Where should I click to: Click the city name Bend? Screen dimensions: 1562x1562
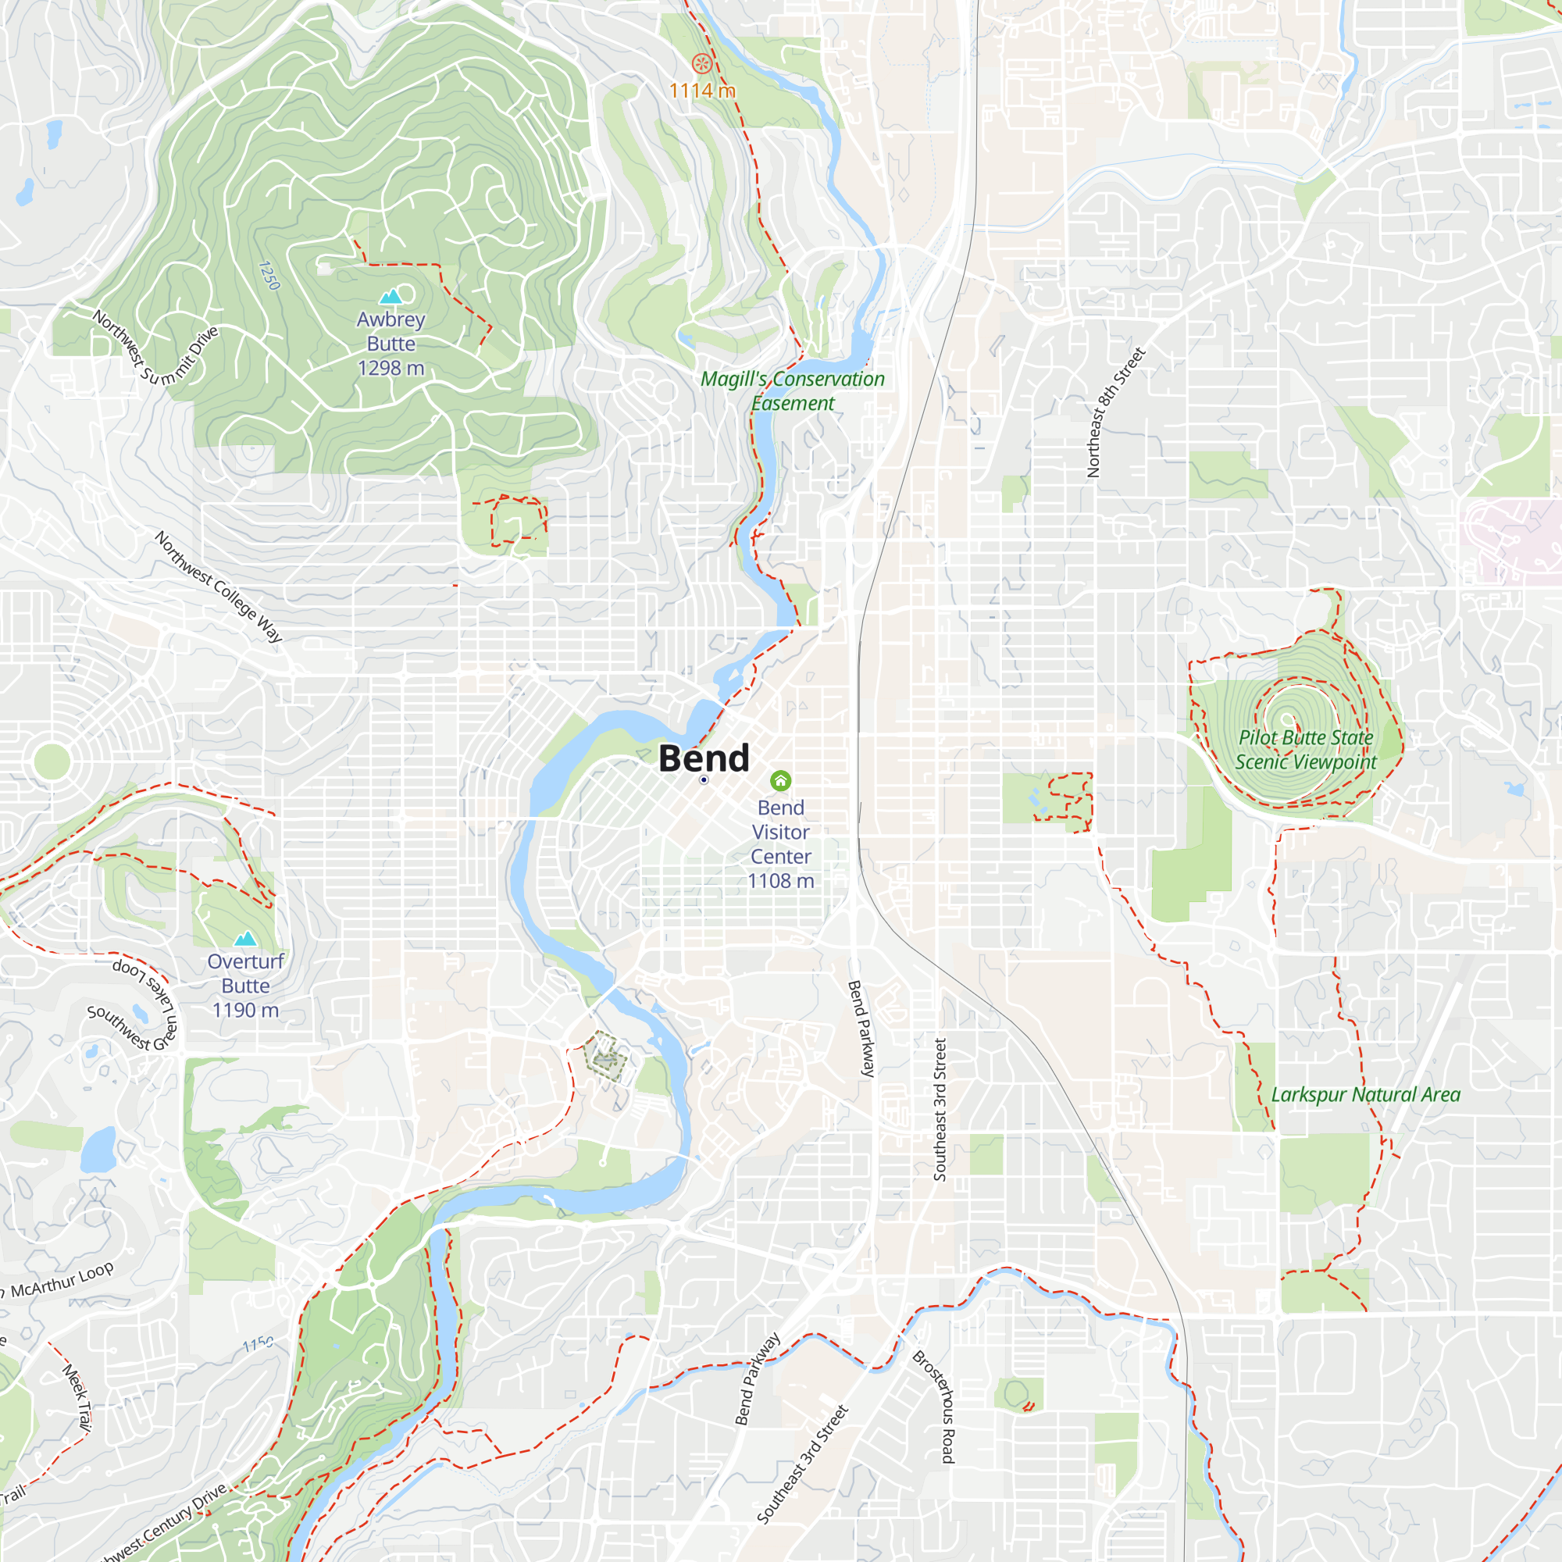[x=704, y=758]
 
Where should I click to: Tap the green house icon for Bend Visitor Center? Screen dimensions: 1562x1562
[x=780, y=780]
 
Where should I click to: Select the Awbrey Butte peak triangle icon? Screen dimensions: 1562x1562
[x=390, y=297]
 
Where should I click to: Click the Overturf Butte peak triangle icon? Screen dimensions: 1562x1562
[x=245, y=939]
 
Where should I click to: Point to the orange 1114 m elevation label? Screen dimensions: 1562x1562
[x=702, y=91]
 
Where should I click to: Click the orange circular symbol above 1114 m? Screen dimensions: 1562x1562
[x=702, y=63]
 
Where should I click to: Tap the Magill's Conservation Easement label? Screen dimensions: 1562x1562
[x=792, y=390]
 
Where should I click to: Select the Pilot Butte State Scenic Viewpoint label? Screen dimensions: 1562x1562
[x=1306, y=750]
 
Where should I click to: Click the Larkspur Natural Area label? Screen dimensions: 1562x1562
[x=1365, y=1095]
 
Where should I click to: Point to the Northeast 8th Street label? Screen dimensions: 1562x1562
[x=1115, y=412]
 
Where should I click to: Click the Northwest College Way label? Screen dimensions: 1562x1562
[x=219, y=587]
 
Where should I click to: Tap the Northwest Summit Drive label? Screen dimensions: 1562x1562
[x=155, y=348]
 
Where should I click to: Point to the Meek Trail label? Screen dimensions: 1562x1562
[x=77, y=1398]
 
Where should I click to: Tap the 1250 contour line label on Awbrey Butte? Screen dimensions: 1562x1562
[x=269, y=276]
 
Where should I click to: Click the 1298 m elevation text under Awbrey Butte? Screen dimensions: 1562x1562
[x=390, y=368]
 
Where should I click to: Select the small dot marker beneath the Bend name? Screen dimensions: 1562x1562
[x=704, y=780]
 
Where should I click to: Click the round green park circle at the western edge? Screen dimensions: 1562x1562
[x=51, y=761]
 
